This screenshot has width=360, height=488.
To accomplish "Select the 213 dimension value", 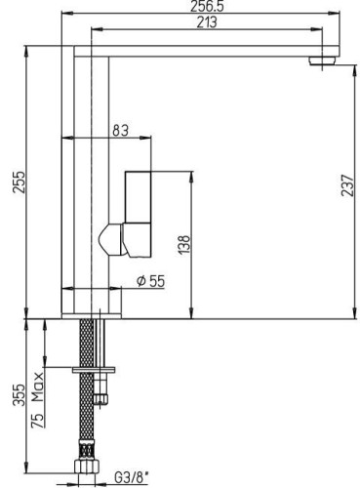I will [206, 24].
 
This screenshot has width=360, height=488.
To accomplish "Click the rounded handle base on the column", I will [112, 237].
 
